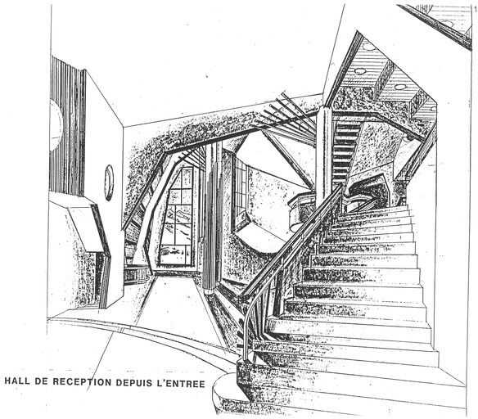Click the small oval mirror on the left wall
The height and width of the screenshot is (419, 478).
point(109,182)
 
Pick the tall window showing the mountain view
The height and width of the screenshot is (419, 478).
point(176,216)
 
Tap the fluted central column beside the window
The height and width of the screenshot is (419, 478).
point(212,216)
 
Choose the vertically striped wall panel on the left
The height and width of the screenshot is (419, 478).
point(68,128)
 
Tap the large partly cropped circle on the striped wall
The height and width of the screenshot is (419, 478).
point(56,125)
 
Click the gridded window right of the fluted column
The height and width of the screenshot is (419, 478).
point(240,195)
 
